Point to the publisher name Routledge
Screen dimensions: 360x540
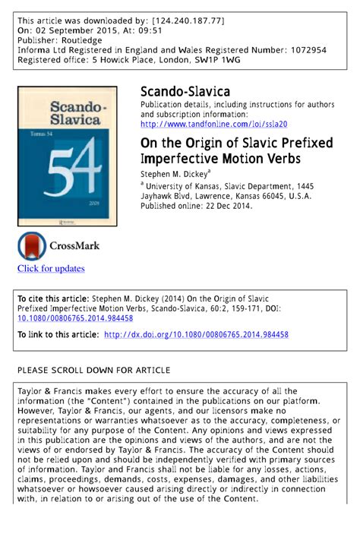82,39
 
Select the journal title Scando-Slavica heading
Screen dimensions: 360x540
185,92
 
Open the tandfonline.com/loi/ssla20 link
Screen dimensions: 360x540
213,124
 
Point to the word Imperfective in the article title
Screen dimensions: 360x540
179,159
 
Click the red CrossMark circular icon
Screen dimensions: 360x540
32,246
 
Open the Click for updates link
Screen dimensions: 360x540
51,268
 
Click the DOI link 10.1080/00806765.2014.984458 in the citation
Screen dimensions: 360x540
75,318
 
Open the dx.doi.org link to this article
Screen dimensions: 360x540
196,334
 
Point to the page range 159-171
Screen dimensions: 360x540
255,308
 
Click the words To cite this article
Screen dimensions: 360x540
52,298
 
